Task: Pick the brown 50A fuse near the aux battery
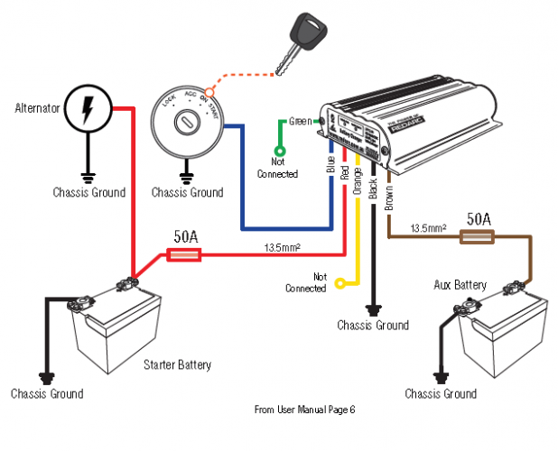tap(477, 236)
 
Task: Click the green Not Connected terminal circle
tap(279, 151)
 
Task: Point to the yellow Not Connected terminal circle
tap(339, 283)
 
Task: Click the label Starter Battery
tap(177, 365)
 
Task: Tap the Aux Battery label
tap(460, 285)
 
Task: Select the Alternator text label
tap(36, 108)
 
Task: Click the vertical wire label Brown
tap(389, 196)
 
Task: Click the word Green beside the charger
tap(299, 121)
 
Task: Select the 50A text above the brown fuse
tap(478, 219)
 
